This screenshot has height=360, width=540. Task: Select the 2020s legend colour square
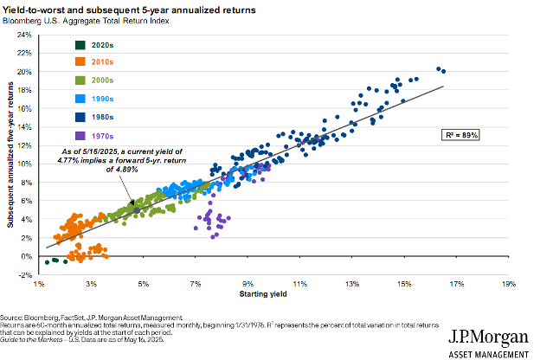tap(55, 45)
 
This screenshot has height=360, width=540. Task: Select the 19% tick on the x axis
tap(508, 283)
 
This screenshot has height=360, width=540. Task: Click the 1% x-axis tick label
tap(39, 283)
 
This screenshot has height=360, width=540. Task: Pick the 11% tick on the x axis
tap(299, 283)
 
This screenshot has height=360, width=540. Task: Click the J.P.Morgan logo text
tap(488, 335)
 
